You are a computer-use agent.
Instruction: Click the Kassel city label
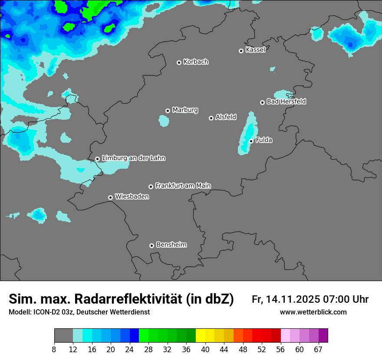point(255,50)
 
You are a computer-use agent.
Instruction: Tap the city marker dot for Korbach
point(179,62)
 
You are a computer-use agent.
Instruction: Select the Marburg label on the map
point(185,110)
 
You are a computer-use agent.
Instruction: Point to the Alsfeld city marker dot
point(211,118)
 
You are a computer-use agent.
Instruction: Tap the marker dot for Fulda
point(251,141)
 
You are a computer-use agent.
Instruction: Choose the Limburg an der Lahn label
point(133,158)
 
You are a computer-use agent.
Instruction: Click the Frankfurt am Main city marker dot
point(151,187)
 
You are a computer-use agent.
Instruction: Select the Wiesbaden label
point(132,197)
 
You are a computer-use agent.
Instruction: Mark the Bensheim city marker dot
point(151,245)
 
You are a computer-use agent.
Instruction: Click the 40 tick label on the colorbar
point(205,350)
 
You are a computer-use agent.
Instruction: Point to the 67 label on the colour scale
point(318,350)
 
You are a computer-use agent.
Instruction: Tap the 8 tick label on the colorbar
point(54,350)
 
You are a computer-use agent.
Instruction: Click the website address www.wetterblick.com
point(313,312)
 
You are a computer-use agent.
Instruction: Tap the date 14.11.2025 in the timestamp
point(293,299)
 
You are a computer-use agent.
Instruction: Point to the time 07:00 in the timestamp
point(336,299)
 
